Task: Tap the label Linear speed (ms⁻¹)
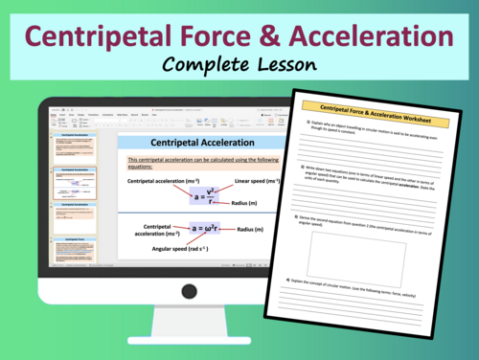259,179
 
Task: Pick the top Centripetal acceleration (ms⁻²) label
164,179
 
